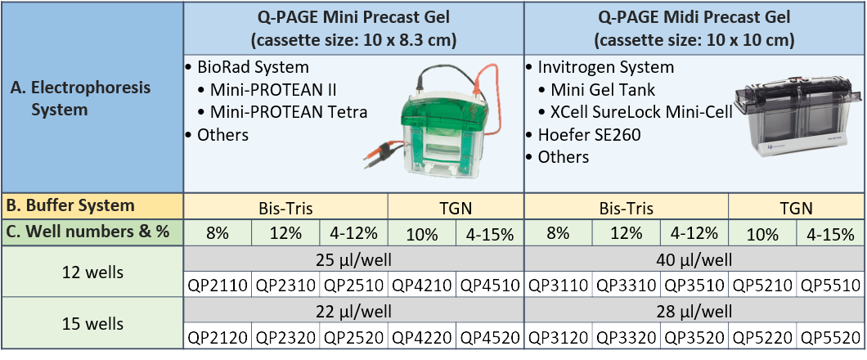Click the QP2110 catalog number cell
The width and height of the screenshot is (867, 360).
click(x=218, y=286)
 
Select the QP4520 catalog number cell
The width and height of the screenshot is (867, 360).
click(x=490, y=336)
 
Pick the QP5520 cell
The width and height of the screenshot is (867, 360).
click(x=830, y=336)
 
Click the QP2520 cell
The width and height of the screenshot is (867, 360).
click(x=354, y=336)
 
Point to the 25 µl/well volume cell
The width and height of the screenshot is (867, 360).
click(x=354, y=259)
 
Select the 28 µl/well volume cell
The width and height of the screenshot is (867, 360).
click(x=694, y=311)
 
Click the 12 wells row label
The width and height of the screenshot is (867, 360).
click(x=93, y=272)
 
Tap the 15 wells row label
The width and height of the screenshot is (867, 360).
click(x=93, y=323)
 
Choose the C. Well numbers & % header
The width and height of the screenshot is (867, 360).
click(x=88, y=232)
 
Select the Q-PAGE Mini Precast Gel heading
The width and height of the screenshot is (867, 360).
click(x=354, y=28)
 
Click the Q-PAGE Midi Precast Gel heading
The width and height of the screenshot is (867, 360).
click(x=694, y=28)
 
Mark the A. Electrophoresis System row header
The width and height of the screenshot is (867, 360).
click(x=90, y=98)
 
